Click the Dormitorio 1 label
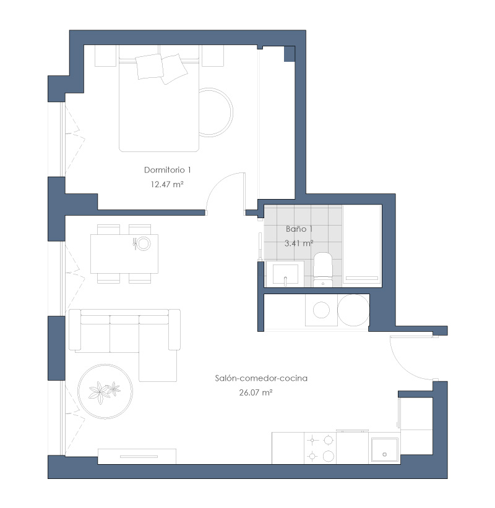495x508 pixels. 168,170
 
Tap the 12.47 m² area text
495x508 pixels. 167,184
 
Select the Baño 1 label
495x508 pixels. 299,229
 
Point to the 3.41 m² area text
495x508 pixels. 299,243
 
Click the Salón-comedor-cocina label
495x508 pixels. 261,378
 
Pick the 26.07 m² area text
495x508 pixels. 256,392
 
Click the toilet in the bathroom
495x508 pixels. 323,269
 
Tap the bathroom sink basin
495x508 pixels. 285,274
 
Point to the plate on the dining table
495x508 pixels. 143,243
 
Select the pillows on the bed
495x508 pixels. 161,69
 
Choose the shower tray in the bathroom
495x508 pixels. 362,246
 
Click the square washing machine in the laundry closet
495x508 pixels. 321,310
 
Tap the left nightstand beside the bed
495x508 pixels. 105,56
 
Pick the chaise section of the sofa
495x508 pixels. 158,365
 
